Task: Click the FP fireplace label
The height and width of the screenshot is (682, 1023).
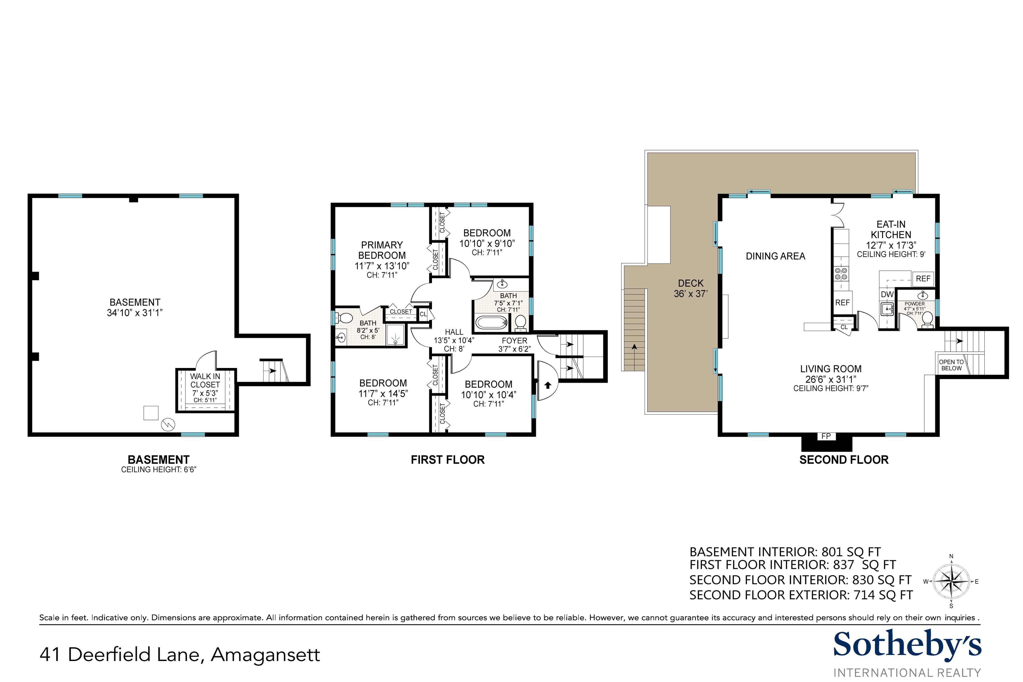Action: (826, 436)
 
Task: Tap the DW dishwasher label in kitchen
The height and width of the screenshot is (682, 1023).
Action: (887, 294)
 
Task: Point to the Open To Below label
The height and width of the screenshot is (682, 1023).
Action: (951, 365)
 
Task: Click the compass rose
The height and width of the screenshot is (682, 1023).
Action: (951, 581)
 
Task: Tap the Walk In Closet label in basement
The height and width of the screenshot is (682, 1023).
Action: (205, 380)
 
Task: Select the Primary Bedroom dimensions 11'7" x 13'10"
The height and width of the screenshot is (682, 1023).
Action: (382, 266)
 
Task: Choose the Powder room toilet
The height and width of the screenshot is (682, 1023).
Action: (927, 319)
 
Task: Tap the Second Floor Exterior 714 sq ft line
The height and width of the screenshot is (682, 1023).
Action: (801, 595)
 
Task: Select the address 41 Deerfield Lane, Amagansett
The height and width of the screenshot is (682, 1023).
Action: (180, 655)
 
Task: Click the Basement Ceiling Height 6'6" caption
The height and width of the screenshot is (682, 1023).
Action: (159, 470)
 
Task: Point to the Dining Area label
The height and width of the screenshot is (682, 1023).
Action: (775, 256)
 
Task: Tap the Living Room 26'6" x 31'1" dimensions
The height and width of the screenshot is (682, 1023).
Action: (830, 379)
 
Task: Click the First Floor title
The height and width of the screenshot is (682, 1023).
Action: (448, 460)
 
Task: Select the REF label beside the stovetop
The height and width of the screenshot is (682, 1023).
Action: (842, 302)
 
